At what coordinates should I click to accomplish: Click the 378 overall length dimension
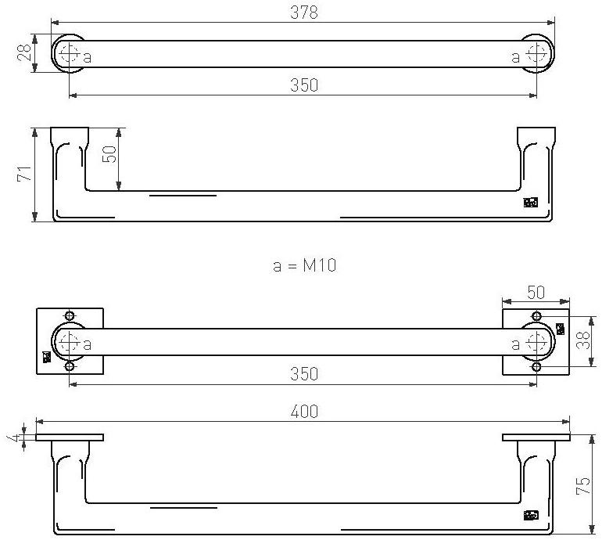pos(303,12)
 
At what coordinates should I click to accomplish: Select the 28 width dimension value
pos(24,52)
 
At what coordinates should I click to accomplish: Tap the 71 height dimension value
pos(23,174)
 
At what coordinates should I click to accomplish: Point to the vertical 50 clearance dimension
pos(110,154)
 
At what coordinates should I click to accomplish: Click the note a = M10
pos(304,265)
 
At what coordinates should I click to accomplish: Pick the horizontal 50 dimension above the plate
pos(536,292)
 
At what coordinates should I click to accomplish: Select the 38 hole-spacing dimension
pos(581,340)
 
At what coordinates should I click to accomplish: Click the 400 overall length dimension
pos(303,412)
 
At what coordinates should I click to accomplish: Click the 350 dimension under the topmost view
pos(303,85)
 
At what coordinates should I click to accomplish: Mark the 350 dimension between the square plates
pos(303,373)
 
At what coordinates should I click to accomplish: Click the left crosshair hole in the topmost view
pos(69,54)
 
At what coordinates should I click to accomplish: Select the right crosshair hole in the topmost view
pos(537,54)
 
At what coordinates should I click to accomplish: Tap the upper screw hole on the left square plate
pos(70,316)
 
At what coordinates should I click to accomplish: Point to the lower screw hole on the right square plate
pos(536,366)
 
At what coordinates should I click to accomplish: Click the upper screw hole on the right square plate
pos(536,316)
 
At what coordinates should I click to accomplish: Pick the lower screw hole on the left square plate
pos(70,366)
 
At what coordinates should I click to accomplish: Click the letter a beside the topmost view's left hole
pos(88,56)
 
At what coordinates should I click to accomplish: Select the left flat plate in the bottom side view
pos(70,437)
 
